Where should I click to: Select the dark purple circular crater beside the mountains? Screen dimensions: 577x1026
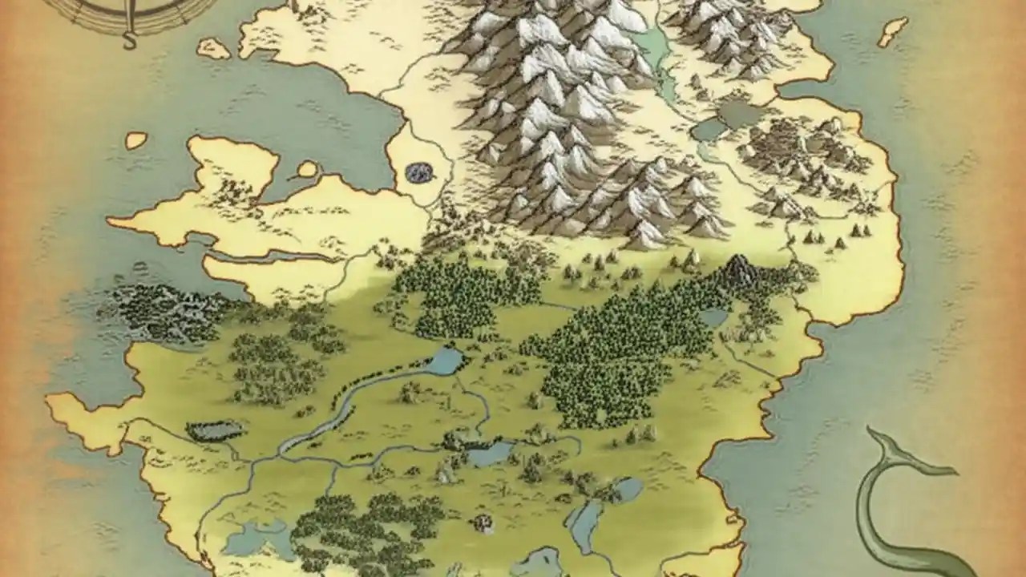(418, 171)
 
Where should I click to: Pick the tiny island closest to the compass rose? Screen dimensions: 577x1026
(212, 49)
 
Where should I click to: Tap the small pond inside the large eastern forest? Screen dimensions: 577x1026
(713, 318)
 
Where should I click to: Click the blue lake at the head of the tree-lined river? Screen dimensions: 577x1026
(445, 361)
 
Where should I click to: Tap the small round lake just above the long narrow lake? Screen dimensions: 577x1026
(628, 488)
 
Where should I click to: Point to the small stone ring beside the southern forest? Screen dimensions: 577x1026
(483, 523)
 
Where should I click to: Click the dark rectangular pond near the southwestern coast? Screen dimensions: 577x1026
(214, 431)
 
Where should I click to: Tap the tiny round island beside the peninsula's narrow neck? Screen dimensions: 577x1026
(307, 169)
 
